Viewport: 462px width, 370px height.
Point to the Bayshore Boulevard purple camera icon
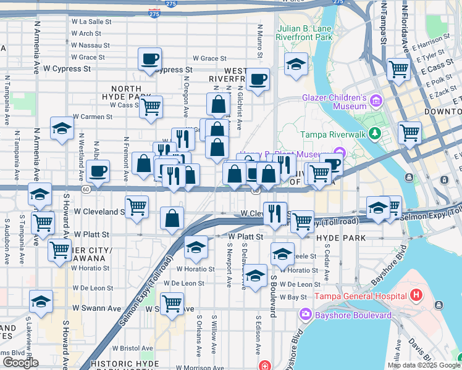pos(305,315)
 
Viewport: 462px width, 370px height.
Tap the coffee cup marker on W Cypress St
pos(149,60)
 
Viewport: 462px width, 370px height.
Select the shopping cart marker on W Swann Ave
pos(171,302)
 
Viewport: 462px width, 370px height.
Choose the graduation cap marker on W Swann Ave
pos(41,302)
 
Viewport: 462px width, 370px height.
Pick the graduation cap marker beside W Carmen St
pos(62,129)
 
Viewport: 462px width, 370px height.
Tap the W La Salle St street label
pos(91,21)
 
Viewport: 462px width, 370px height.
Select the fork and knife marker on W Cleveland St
pos(275,213)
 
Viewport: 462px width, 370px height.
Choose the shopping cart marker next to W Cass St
pos(151,107)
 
